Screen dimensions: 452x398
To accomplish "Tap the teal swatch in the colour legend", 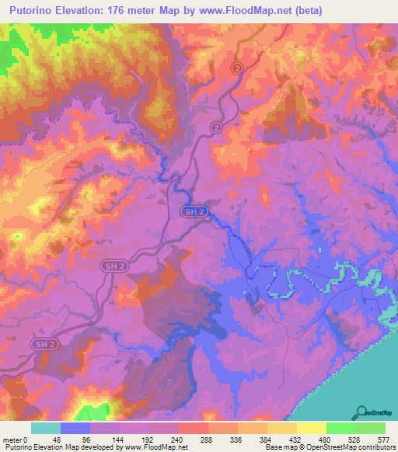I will tap(46, 428).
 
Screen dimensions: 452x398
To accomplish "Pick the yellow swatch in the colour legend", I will tap(312, 428).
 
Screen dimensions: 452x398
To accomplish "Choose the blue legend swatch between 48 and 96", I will tap(75, 428).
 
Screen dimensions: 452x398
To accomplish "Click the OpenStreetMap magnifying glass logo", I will tap(361, 412).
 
